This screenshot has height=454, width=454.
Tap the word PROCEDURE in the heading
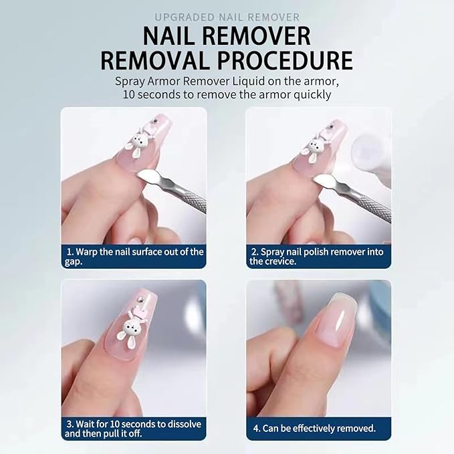point(284,60)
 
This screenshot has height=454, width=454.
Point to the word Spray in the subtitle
point(131,82)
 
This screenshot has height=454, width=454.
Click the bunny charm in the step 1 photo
point(138,142)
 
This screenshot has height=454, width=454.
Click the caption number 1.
point(69,252)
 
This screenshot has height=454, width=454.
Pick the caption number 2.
point(254,252)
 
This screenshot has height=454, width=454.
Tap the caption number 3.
point(69,424)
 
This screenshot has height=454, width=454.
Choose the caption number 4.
point(255,429)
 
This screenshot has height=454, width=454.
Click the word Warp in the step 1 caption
point(90,252)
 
